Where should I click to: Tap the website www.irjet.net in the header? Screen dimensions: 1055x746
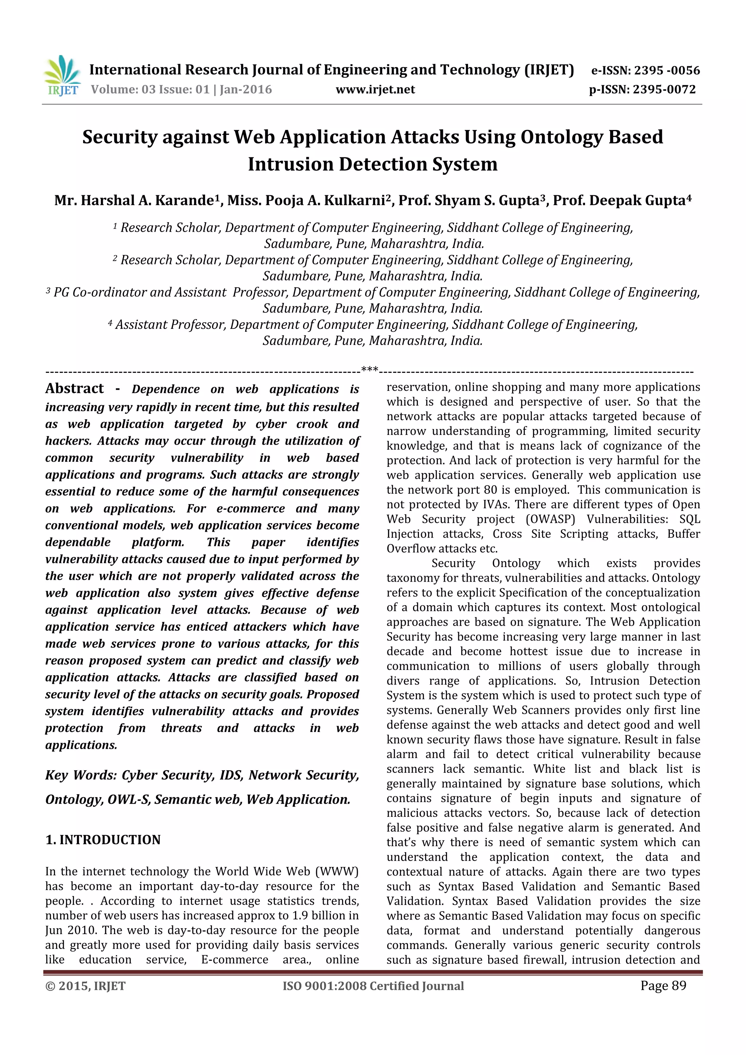point(375,90)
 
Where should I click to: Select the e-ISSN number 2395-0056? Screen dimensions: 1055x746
point(667,70)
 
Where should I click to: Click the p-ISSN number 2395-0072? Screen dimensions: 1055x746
point(664,90)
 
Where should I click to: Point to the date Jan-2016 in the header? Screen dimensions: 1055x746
point(246,90)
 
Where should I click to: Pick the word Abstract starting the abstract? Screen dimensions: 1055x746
point(74,388)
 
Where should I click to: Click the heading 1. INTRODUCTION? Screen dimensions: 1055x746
point(103,840)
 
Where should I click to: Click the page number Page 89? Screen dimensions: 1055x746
point(663,985)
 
